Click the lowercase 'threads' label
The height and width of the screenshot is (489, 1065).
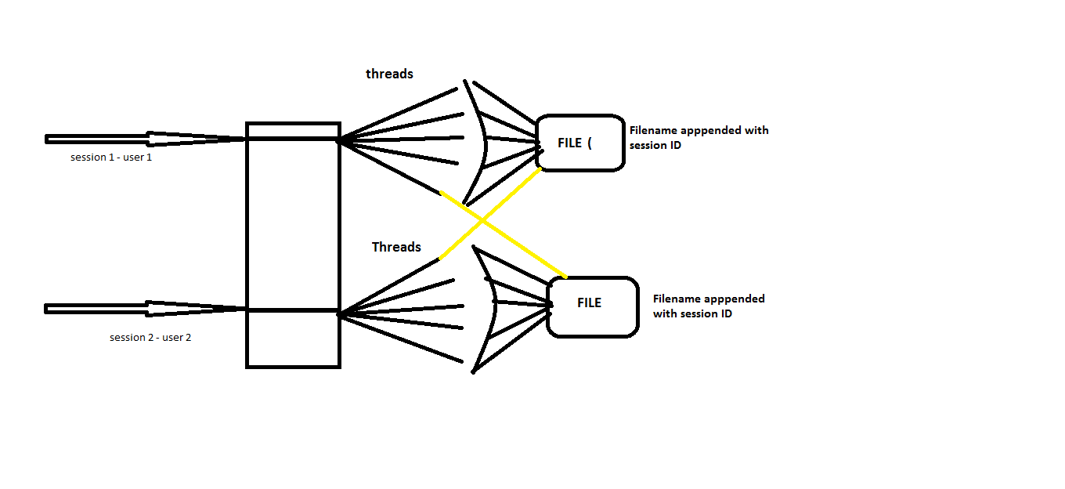click(x=389, y=74)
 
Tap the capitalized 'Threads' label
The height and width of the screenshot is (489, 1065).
click(x=396, y=247)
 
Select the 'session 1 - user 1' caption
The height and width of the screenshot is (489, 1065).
click(x=111, y=158)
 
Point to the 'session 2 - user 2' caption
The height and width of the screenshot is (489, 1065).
click(x=150, y=338)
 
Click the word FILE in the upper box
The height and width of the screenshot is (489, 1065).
click(x=569, y=143)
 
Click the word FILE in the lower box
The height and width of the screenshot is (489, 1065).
click(x=589, y=303)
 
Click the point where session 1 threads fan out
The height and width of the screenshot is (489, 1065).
click(x=339, y=141)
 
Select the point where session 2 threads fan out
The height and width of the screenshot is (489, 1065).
click(x=339, y=314)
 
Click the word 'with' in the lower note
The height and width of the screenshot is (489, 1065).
click(x=665, y=313)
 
